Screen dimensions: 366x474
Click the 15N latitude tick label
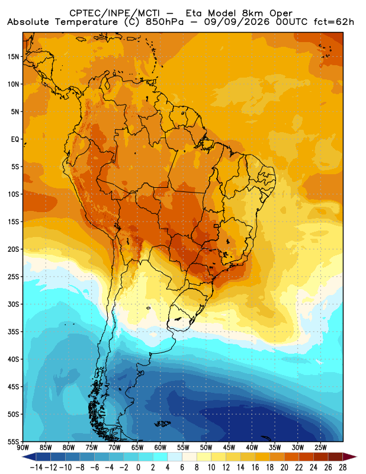point(13,56)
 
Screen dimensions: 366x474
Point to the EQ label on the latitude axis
point(15,139)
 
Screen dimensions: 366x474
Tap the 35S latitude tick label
point(13,332)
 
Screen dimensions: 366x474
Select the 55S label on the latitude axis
point(13,442)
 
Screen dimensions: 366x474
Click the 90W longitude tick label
point(23,448)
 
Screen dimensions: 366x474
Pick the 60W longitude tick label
point(160,448)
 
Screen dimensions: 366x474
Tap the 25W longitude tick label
point(320,448)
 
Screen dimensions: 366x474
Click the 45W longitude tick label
point(229,448)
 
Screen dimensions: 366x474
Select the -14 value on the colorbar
point(37,467)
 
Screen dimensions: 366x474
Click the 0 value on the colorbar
point(139,467)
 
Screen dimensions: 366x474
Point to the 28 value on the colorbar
point(343,467)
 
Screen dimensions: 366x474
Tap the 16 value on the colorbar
point(255,467)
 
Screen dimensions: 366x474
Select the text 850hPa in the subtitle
point(165,22)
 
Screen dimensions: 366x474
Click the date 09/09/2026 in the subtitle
point(237,22)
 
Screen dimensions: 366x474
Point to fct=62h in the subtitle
point(333,22)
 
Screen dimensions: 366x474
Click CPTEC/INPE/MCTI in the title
point(115,13)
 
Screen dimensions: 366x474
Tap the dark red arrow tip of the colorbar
point(353,457)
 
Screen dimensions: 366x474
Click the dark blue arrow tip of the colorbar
point(27,457)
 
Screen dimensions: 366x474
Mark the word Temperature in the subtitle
point(86,23)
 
